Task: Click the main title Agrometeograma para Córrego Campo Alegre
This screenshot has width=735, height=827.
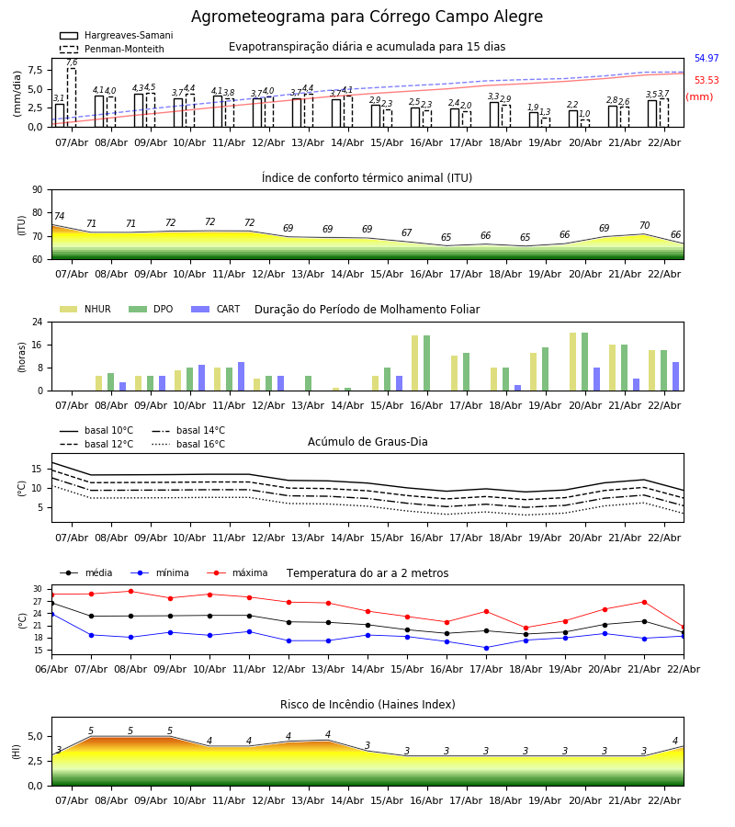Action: pos(367,17)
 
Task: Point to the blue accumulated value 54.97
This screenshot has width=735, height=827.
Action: pos(706,59)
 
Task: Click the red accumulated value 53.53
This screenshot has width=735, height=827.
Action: pos(706,81)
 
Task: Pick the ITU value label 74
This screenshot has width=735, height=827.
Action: pos(60,217)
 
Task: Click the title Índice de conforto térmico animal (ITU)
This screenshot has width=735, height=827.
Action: pos(367,178)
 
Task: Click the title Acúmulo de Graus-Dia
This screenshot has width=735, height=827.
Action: pos(367,442)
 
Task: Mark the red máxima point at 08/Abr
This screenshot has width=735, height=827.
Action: pos(130,592)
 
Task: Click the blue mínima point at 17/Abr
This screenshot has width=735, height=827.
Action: pos(486,648)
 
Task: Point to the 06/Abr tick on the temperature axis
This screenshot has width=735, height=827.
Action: pos(51,668)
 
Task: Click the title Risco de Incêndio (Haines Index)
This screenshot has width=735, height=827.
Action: pos(367,705)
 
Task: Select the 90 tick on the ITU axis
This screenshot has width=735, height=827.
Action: pos(37,190)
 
